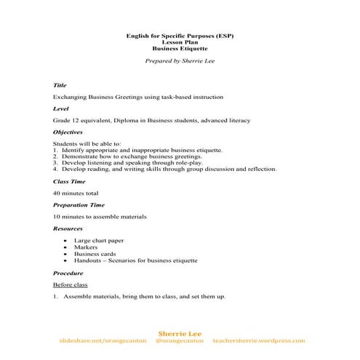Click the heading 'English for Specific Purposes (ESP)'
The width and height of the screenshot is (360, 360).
click(x=180, y=36)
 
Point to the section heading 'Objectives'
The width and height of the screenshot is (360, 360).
click(x=68, y=132)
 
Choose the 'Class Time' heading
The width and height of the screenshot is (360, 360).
click(x=68, y=181)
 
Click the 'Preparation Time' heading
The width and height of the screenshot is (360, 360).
click(x=76, y=205)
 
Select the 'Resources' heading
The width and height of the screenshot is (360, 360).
click(x=68, y=228)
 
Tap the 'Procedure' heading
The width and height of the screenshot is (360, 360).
click(x=68, y=273)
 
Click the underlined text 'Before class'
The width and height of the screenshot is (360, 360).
click(x=71, y=284)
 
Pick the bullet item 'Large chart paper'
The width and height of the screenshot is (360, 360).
click(x=99, y=240)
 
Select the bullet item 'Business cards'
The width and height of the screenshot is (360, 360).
click(x=95, y=253)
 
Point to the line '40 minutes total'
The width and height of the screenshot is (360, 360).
click(x=76, y=193)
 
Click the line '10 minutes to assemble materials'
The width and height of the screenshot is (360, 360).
click(x=100, y=217)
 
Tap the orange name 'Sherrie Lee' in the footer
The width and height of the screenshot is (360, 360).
click(x=180, y=333)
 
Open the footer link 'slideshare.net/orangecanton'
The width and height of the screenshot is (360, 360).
click(x=102, y=340)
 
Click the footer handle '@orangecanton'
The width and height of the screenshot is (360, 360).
click(x=180, y=340)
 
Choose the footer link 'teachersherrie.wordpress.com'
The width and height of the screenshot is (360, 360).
click(x=259, y=340)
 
